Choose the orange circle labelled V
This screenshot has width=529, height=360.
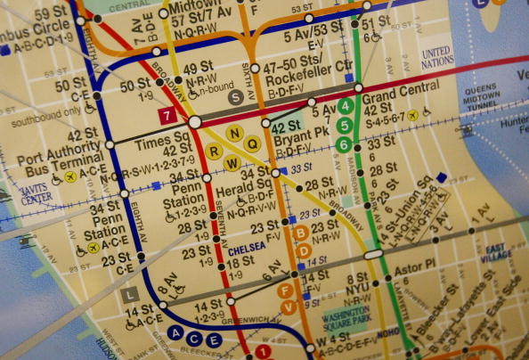coord(288,308)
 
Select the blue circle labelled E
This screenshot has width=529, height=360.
coord(214,340)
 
